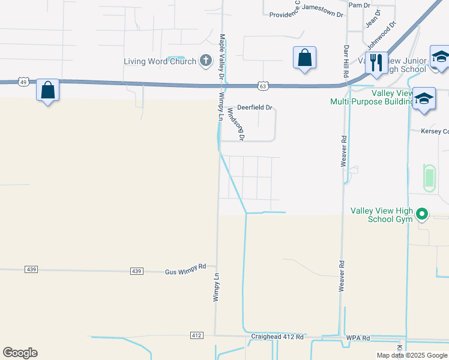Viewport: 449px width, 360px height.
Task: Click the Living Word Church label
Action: tap(160, 61)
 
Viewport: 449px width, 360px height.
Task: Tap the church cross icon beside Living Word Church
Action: tap(206, 60)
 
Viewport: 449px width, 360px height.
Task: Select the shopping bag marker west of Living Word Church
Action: tap(48, 91)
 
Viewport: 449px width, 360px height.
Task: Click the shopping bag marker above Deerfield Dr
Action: tap(304, 58)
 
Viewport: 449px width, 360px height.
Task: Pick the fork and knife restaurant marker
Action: tap(376, 63)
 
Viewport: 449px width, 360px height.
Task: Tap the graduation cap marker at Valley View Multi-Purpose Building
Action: tap(423, 100)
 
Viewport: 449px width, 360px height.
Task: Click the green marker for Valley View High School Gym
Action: tap(422, 214)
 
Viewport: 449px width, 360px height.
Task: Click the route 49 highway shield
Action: tap(22, 82)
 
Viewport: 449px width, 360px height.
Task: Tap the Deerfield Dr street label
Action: tap(255, 108)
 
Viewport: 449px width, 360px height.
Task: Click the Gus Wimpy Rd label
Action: tap(185, 272)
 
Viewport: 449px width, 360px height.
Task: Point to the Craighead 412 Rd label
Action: tap(277, 337)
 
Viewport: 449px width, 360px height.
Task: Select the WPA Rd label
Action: tap(358, 338)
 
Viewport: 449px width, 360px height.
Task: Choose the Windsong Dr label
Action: tap(236, 124)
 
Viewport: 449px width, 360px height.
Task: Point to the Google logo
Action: tap(20, 353)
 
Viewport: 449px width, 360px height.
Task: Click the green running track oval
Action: tap(429, 178)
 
